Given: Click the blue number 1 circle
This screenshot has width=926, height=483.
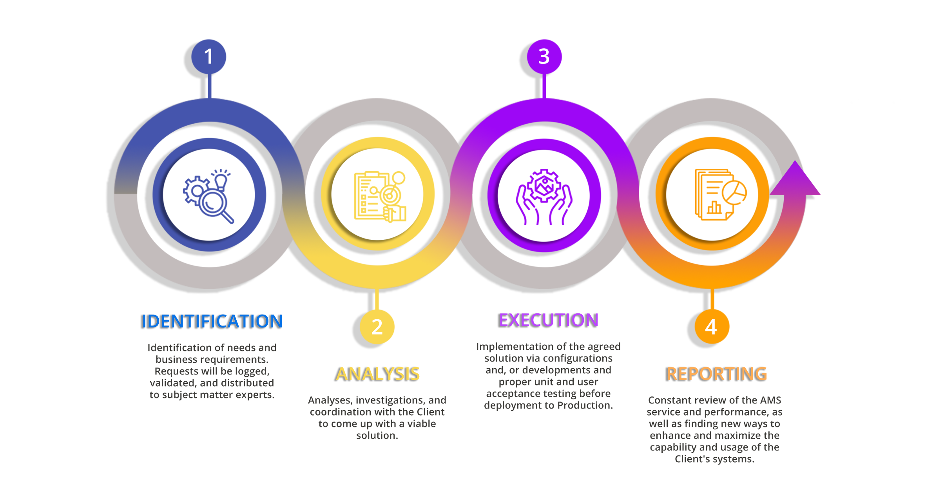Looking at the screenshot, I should pos(209,56).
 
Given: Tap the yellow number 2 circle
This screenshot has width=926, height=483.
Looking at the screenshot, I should pos(377,327).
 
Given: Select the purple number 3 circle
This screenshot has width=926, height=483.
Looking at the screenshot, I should pos(544,56).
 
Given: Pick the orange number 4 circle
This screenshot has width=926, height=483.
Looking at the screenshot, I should pos(712,327).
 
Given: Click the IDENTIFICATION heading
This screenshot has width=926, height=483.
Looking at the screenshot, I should pos(212,321).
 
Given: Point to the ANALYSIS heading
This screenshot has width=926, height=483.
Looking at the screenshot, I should pos(378,374).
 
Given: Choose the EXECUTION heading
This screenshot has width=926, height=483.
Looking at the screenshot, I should pos(549,320).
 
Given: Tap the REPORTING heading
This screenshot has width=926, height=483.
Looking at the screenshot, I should pos(717,374).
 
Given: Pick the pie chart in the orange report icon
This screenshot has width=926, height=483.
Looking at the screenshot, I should pos(734,192).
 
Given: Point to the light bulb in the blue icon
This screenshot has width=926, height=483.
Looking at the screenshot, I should pos(221,181).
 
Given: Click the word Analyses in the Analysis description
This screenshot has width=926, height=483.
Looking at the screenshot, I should pos(330,400).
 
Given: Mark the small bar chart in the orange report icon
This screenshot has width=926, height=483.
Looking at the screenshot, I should pos(714,208).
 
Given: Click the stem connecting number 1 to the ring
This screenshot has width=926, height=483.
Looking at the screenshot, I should pos(209,86).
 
